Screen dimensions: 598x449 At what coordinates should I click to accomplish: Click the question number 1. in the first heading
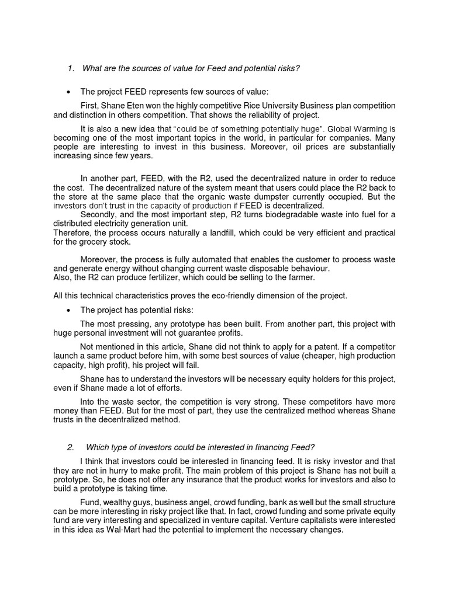pyautogui.click(x=71, y=69)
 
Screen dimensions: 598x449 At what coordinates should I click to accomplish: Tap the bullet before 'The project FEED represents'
pyautogui.click(x=69, y=92)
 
